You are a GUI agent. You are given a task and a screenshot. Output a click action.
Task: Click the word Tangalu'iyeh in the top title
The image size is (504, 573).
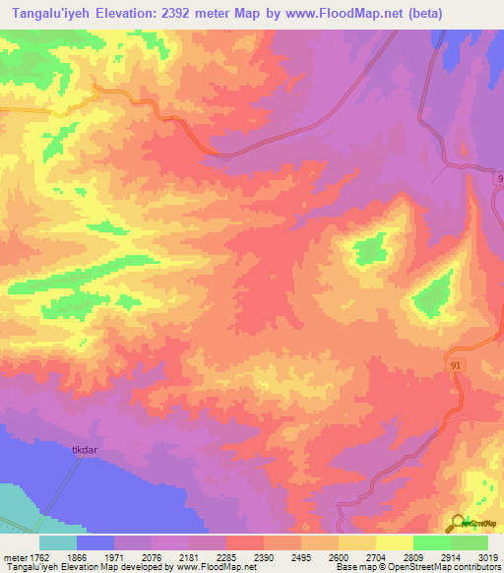click(x=50, y=14)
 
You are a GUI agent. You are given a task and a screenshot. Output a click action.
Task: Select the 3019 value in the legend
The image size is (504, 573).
click(x=488, y=555)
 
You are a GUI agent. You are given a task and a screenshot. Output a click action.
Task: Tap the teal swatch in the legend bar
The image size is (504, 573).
click(x=58, y=542)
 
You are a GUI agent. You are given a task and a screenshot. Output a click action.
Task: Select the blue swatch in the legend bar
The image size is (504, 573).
click(x=95, y=542)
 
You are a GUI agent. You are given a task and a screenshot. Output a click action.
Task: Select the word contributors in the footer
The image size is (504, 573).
click(x=477, y=568)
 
